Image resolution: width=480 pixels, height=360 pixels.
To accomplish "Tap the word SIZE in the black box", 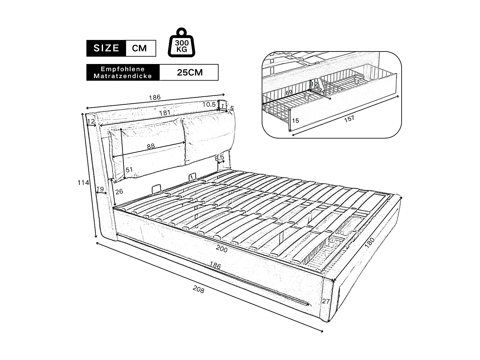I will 107,48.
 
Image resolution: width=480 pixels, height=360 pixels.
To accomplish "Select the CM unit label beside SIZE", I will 140,48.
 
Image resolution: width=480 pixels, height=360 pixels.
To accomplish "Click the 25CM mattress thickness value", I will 190,72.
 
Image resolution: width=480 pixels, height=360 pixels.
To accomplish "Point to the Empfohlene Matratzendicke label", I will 123,73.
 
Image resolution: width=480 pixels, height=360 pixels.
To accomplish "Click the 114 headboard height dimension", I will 83,183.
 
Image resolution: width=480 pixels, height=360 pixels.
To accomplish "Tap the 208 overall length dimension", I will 198,289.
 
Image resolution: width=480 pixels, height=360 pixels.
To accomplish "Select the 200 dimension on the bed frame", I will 221,249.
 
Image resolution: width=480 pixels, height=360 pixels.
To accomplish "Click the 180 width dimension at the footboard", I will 369,242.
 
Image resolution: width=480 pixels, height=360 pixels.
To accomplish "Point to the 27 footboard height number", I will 326,301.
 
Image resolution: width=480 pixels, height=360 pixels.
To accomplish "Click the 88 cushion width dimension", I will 151,146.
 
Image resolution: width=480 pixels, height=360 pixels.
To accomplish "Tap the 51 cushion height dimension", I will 129,170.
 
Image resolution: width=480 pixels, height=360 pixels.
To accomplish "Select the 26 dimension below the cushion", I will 119,192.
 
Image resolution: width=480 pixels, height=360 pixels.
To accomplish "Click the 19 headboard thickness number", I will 100,189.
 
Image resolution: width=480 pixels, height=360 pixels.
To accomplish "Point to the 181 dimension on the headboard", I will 165,113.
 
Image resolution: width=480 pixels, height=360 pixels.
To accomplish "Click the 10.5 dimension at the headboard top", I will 209,104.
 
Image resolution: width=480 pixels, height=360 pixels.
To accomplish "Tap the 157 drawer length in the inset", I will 349,118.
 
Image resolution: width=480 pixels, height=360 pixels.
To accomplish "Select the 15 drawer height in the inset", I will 295,120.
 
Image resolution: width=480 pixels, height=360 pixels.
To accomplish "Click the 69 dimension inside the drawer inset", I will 289,92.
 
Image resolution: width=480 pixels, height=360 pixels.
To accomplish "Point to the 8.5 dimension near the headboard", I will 219,158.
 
